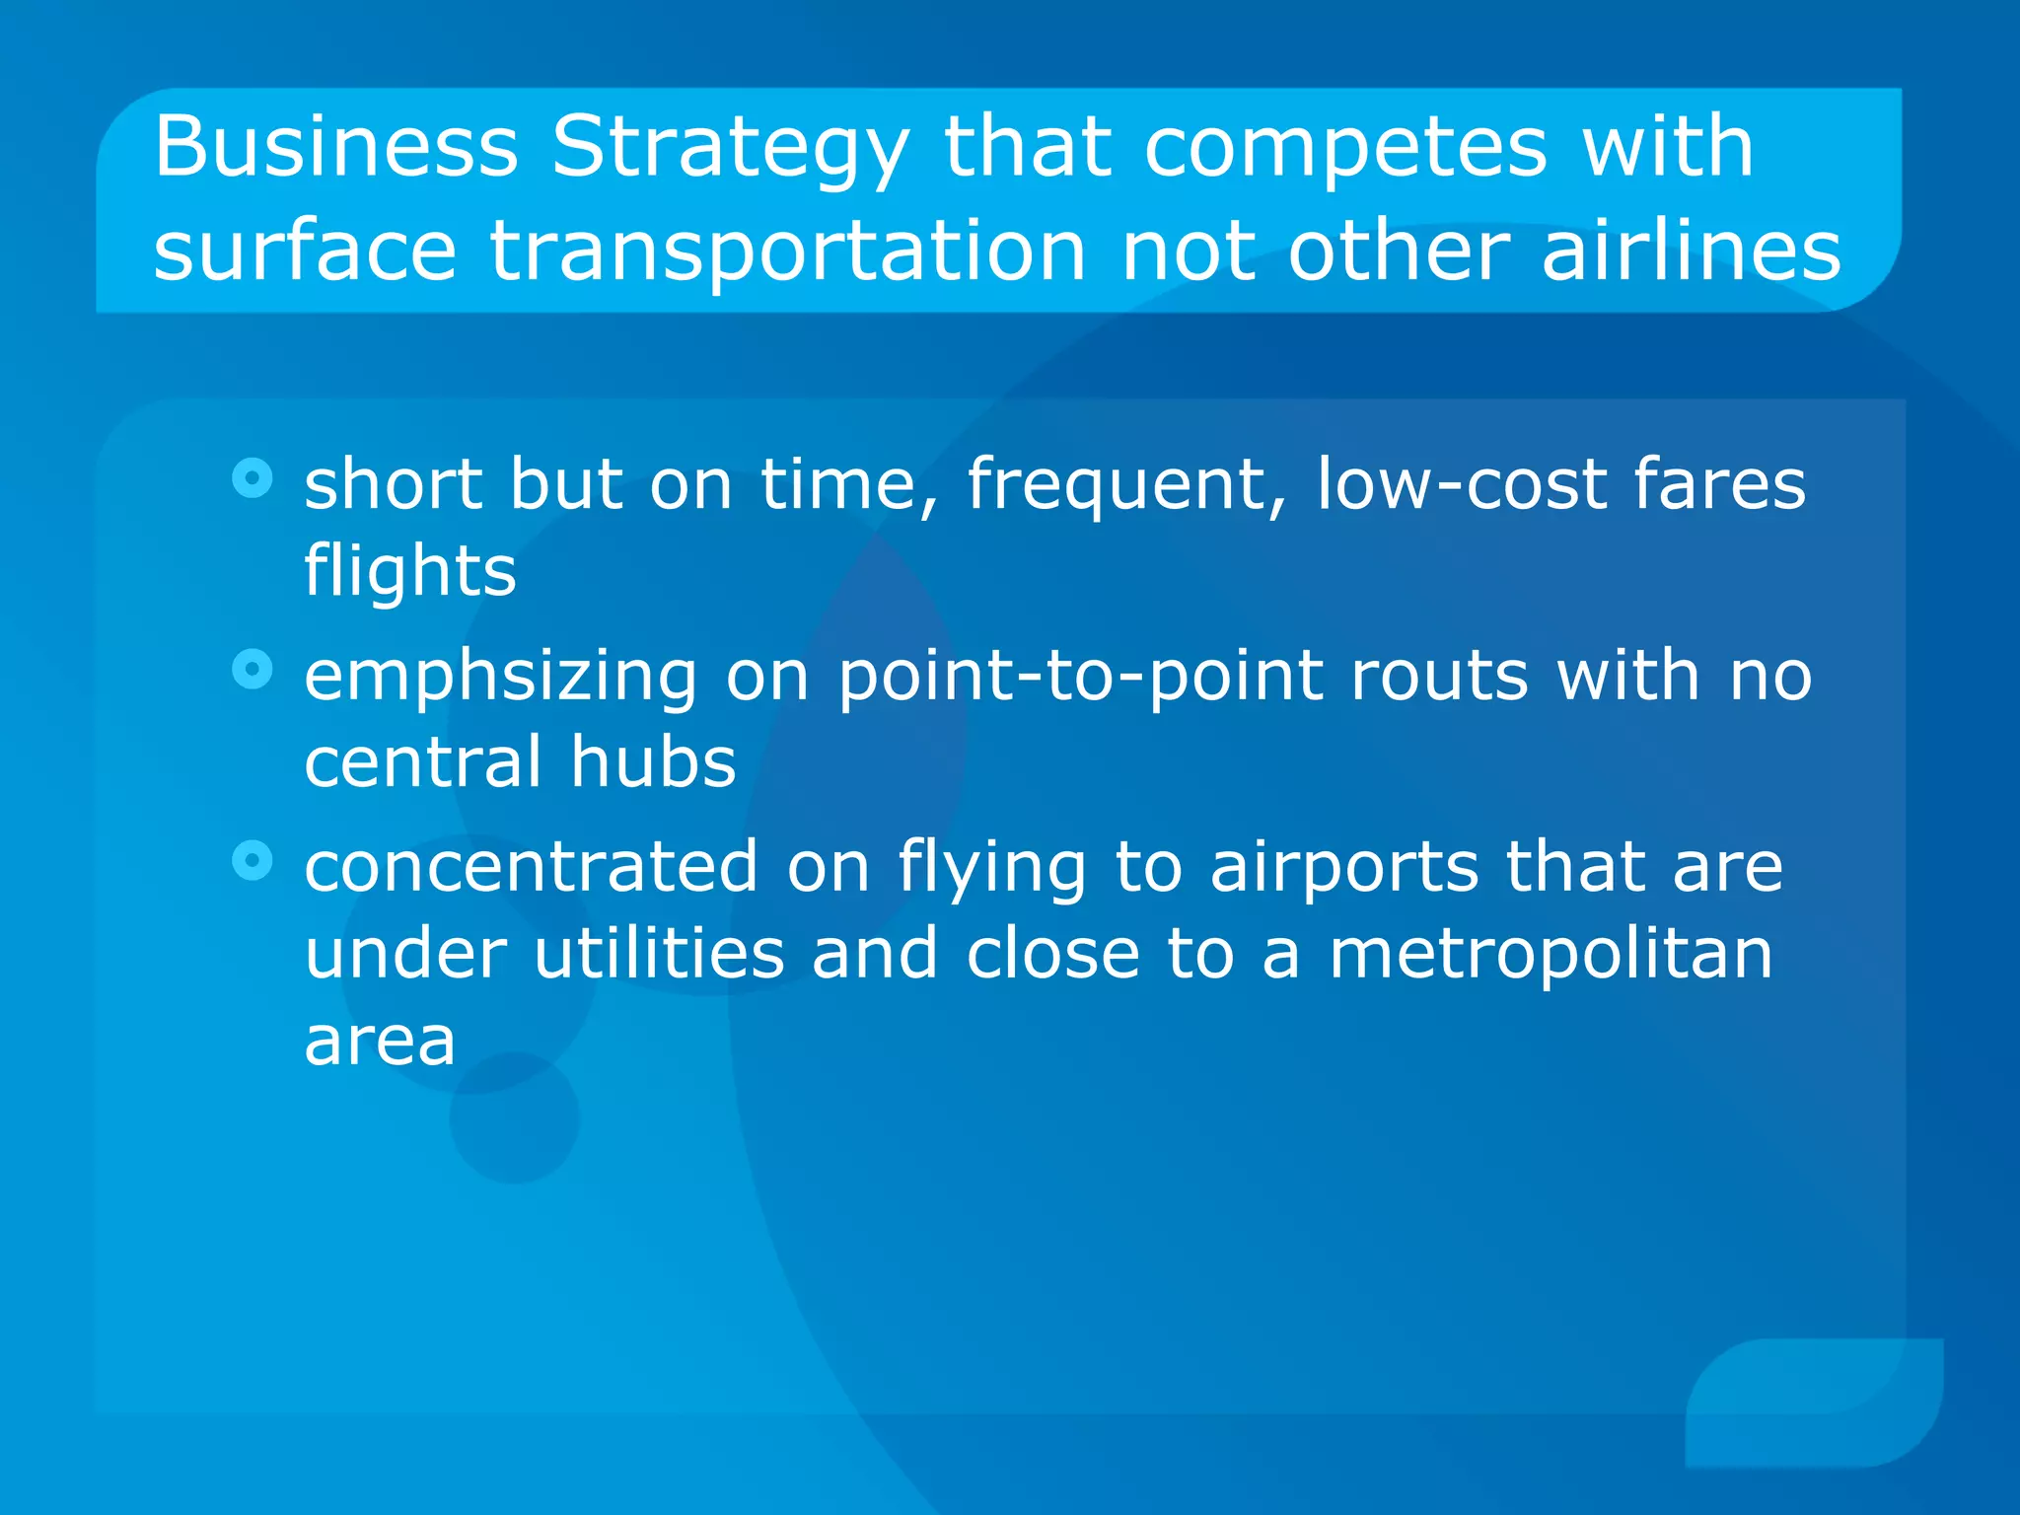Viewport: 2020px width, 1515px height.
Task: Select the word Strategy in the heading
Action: point(730,148)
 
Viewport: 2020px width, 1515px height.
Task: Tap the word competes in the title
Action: point(1345,148)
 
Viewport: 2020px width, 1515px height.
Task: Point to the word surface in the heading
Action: point(305,251)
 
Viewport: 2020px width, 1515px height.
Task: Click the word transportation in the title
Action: point(788,252)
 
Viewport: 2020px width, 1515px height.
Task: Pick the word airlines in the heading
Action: point(1691,251)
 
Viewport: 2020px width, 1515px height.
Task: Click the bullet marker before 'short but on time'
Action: point(252,478)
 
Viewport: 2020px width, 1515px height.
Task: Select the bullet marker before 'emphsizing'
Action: point(252,670)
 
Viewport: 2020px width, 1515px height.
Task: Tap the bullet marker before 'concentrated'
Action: point(252,860)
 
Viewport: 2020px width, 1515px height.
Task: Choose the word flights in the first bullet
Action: point(409,571)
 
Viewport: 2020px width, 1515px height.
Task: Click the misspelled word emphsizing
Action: point(500,677)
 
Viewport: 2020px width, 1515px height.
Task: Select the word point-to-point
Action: point(1080,677)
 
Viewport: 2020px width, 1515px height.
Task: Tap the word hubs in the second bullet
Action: point(653,761)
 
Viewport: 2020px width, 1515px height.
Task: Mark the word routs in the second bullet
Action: point(1439,677)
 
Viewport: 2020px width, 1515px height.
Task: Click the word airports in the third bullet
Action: point(1344,868)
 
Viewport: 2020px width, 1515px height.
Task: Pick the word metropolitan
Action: point(1551,955)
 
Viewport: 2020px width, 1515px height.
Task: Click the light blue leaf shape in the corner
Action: point(1815,1402)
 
